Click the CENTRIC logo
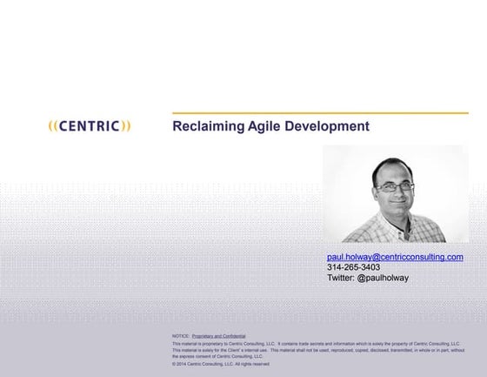pyautogui.click(x=90, y=126)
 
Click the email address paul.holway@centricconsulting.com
pyautogui.click(x=395, y=257)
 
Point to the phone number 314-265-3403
pyautogui.click(x=353, y=267)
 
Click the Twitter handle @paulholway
pyautogui.click(x=383, y=278)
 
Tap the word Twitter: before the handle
pyautogui.click(x=341, y=278)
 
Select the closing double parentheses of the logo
pyautogui.click(x=127, y=126)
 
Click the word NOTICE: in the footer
pyautogui.click(x=181, y=335)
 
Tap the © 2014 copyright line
pyautogui.click(x=221, y=364)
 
